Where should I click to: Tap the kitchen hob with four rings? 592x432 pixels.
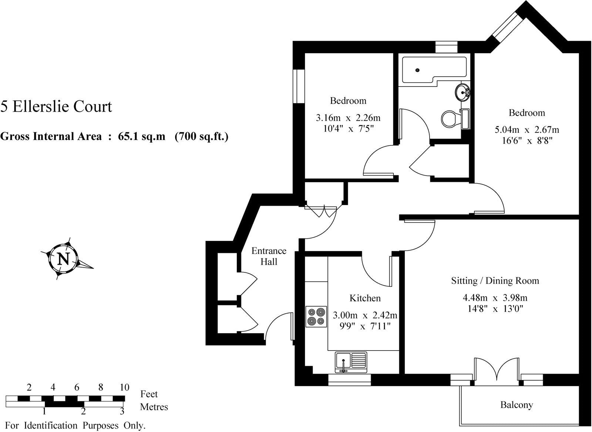point(316,317)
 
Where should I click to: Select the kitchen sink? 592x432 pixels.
point(351,362)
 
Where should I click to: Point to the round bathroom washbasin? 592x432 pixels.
point(462,92)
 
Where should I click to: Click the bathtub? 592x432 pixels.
point(433,70)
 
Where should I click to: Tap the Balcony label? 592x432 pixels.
point(516,405)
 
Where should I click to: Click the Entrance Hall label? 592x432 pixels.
point(269,256)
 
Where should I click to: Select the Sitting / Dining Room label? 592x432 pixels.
point(495,281)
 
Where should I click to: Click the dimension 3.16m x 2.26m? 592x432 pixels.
point(348,118)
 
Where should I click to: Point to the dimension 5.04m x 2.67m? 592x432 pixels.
point(527,130)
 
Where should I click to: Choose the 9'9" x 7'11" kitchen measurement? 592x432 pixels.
point(365,326)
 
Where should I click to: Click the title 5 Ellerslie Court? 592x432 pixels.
point(56,107)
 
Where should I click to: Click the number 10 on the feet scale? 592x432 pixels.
point(124,388)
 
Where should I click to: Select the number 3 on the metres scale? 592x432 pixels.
point(122,411)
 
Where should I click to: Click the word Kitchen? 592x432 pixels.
point(365,298)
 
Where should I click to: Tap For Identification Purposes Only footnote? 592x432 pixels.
point(75,426)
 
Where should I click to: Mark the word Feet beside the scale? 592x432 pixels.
point(149,394)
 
